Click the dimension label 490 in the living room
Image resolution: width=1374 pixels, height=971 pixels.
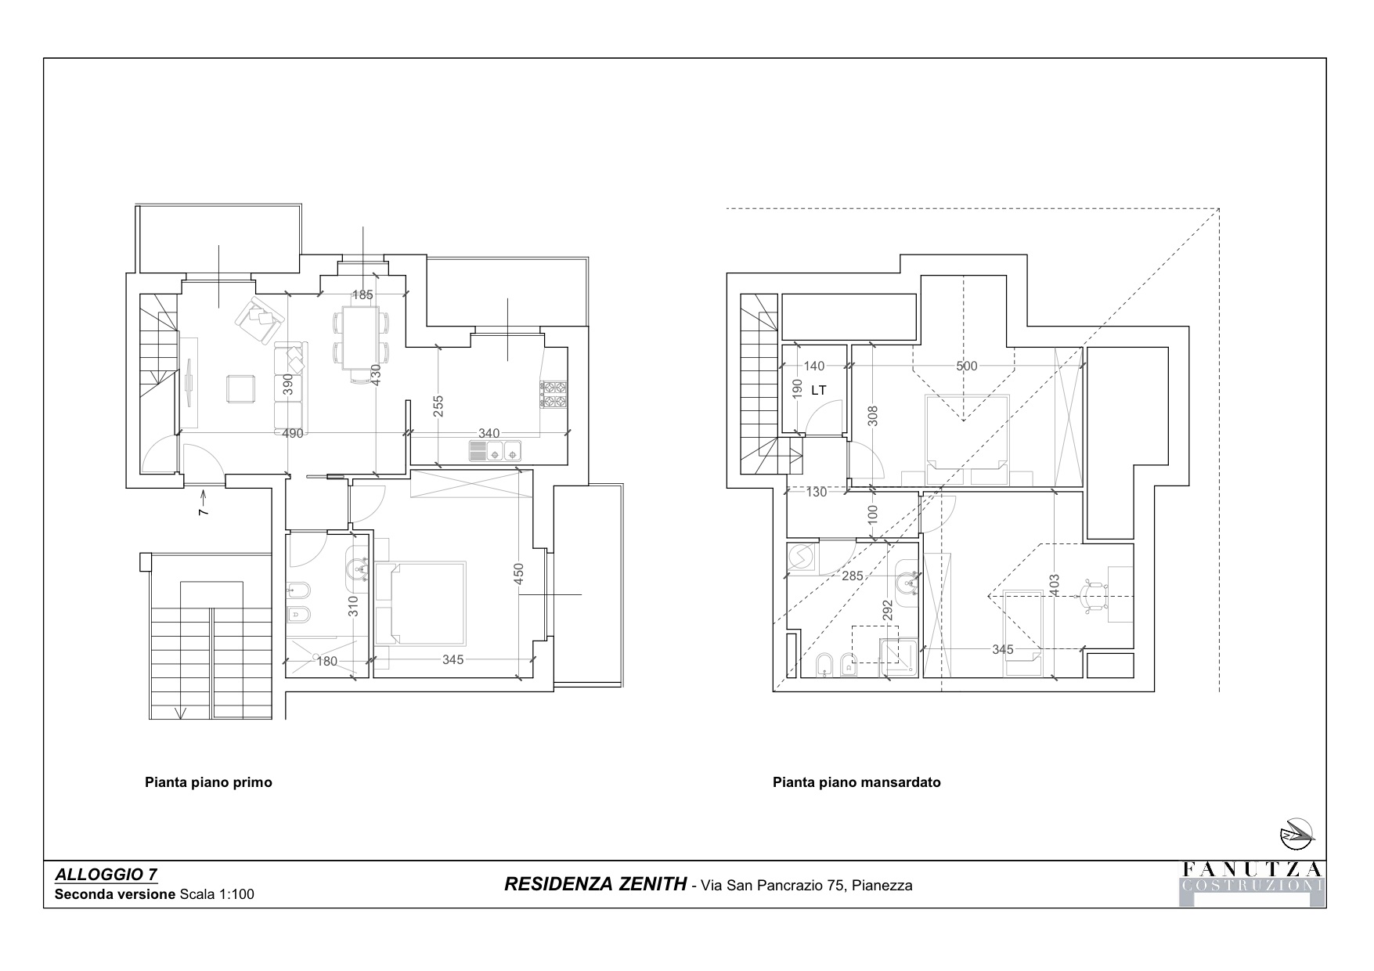[292, 433]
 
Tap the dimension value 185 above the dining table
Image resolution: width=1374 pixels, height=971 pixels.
[362, 295]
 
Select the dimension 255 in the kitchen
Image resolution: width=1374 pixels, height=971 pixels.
[438, 406]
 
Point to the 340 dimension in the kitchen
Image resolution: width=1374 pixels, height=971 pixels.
[489, 433]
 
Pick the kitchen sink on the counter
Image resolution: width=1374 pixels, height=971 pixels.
[495, 450]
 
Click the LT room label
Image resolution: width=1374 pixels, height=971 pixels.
[819, 390]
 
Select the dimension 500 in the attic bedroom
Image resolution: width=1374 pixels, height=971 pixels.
[967, 366]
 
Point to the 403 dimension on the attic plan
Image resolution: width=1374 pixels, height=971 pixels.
[1054, 586]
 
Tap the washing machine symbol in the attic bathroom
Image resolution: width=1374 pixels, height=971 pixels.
[802, 558]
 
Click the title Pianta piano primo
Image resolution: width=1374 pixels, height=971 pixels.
[208, 782]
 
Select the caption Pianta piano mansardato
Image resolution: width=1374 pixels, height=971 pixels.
[856, 782]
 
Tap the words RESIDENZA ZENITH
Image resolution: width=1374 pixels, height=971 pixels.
[595, 885]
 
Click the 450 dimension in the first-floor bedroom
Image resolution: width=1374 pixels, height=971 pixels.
[518, 575]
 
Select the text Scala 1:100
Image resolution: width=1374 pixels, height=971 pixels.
[217, 893]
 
